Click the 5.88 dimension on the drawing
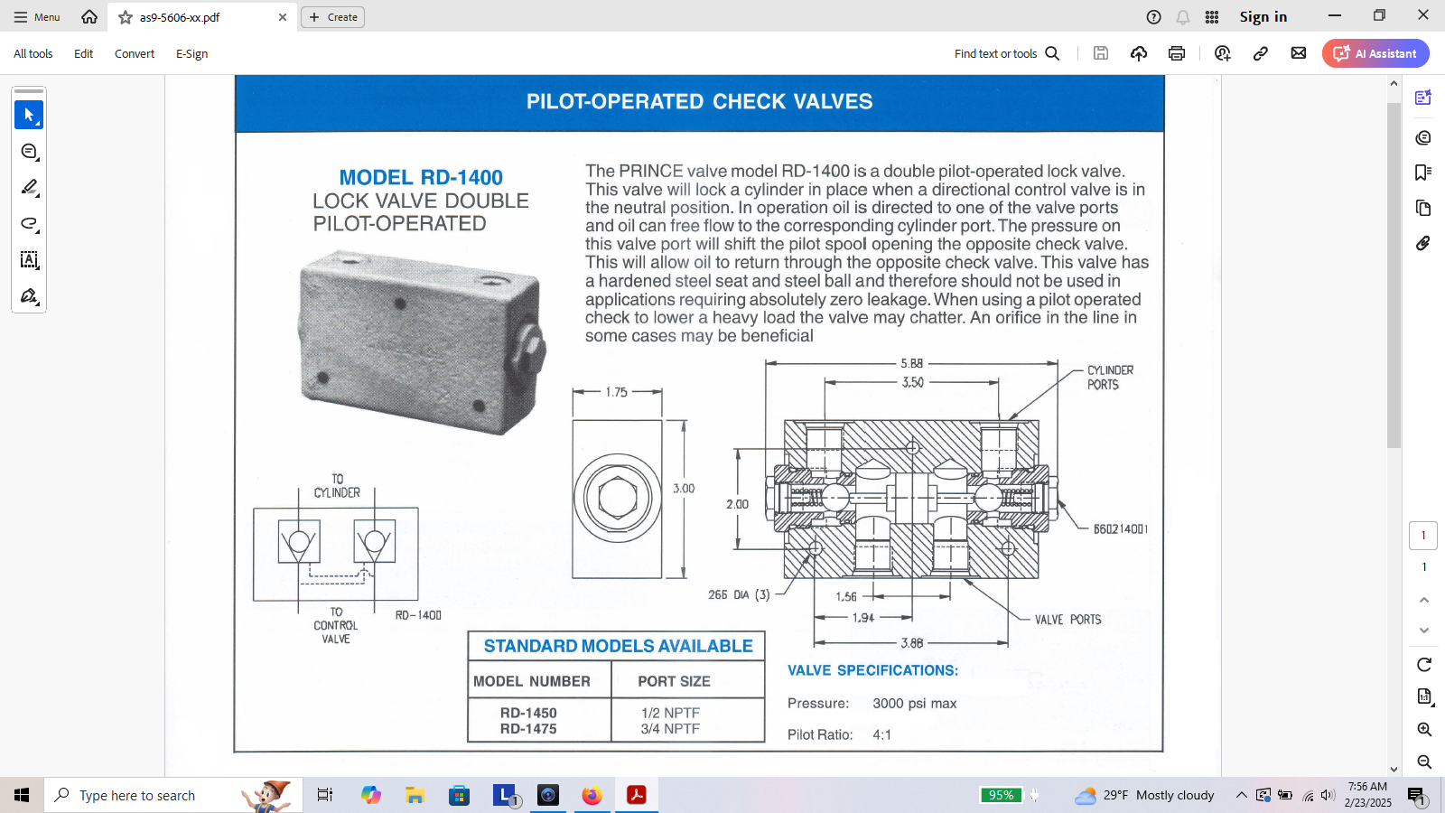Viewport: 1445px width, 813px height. tap(911, 363)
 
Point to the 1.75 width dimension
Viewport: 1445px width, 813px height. tap(616, 392)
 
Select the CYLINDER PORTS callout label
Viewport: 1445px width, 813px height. tap(1110, 378)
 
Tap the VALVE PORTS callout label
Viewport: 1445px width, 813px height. tap(1067, 620)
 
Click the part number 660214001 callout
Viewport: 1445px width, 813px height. tap(1121, 529)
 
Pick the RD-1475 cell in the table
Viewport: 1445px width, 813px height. tap(528, 729)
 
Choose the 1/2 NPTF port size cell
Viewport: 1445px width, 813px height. tap(670, 713)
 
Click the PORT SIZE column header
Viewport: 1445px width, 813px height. tap(674, 681)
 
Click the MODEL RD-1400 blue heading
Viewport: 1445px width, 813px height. tap(421, 177)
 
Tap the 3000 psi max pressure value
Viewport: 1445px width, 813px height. tap(914, 704)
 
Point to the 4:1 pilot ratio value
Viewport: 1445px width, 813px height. tap(881, 735)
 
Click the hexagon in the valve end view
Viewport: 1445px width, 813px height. tap(618, 498)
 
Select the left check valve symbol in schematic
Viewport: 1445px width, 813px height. tap(299, 541)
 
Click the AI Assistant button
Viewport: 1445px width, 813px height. tap(1375, 53)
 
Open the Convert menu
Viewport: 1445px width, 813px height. tap(135, 53)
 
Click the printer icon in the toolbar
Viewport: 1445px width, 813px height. tap(1177, 53)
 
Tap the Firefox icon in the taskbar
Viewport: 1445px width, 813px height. tap(592, 795)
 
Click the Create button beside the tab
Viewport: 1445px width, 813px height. tap(333, 17)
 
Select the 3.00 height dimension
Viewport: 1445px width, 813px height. tap(684, 489)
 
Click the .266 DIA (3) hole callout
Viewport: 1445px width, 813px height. tap(740, 594)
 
